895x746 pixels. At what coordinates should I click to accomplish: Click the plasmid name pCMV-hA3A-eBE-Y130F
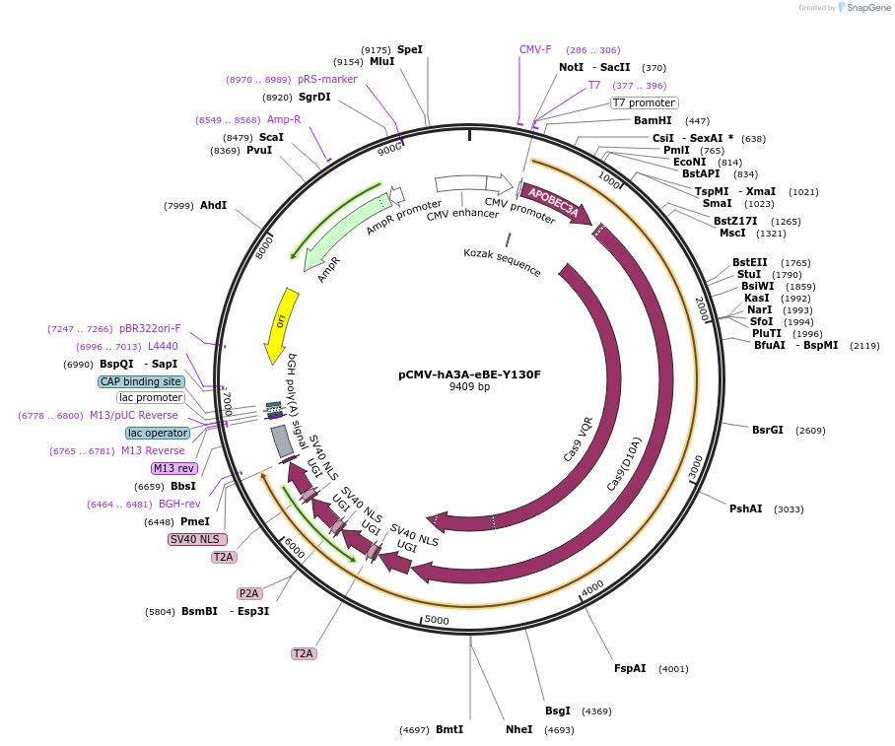[469, 374]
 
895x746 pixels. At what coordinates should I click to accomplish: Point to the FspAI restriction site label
[630, 668]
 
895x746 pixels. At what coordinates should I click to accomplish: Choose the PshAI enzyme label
[745, 509]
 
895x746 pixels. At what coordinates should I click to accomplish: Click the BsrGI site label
[768, 430]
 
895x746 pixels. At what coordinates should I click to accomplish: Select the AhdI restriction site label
[213, 205]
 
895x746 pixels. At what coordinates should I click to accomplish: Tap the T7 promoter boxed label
[644, 102]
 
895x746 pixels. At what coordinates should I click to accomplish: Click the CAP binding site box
[141, 381]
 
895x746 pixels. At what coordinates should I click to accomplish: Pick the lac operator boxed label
[158, 433]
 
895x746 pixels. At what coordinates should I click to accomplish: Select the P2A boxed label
[248, 593]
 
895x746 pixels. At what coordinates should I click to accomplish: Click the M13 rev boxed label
[173, 468]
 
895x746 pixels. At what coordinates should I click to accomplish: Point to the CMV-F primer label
[535, 49]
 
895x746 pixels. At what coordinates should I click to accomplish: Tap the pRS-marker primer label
[327, 79]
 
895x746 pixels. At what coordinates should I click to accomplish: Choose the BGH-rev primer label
[179, 504]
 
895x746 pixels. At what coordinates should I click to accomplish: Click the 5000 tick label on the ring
[437, 620]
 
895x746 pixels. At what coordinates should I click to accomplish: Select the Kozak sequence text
[502, 261]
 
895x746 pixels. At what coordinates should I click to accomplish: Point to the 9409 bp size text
[469, 386]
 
